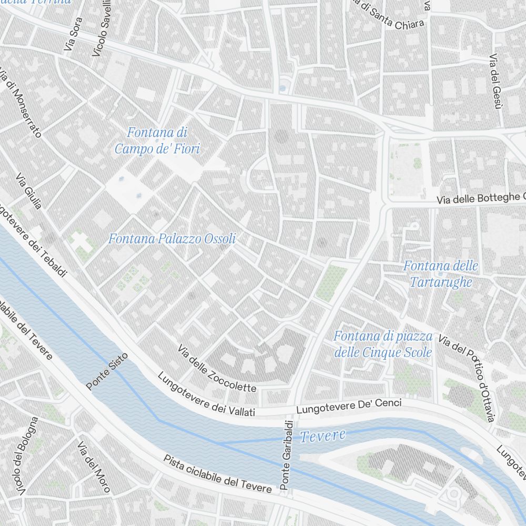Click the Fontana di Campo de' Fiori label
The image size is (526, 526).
click(x=157, y=141)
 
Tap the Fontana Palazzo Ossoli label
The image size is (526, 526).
click(x=171, y=239)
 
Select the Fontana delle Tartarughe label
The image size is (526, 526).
click(x=441, y=274)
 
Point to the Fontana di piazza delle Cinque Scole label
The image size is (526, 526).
click(x=383, y=344)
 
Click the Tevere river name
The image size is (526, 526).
click(x=323, y=436)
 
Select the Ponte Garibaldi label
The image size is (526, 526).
click(x=287, y=456)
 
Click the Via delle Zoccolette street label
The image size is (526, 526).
click(x=217, y=369)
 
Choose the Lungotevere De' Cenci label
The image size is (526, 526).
click(x=349, y=406)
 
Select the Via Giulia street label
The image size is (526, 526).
click(x=28, y=190)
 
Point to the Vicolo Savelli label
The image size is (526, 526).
click(x=102, y=28)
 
